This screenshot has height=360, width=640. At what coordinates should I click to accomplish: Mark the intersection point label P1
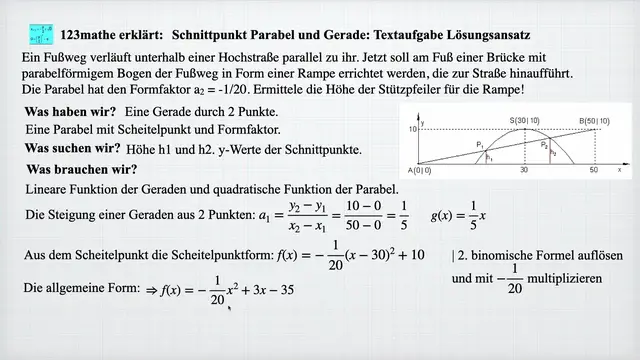pyautogui.click(x=481, y=145)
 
